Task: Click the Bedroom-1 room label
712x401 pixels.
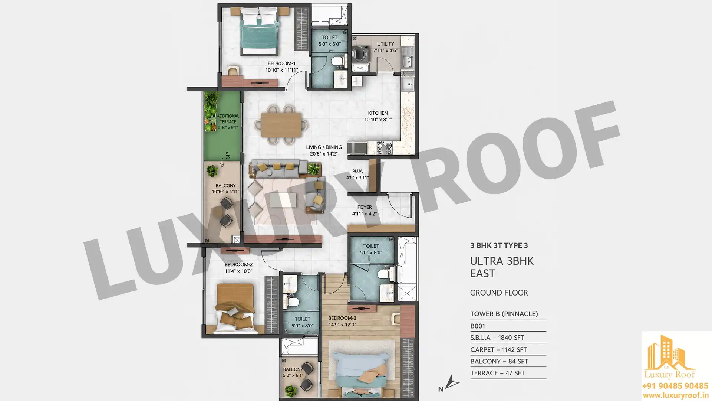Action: point(281,63)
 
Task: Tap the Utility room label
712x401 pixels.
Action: point(385,44)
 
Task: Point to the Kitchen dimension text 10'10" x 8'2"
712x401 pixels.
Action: point(378,120)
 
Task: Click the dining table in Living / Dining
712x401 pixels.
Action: point(281,125)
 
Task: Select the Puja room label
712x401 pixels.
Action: point(357,171)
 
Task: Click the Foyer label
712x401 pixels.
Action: point(365,207)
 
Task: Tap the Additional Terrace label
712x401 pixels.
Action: point(228,119)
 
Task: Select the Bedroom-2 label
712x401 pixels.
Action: point(238,265)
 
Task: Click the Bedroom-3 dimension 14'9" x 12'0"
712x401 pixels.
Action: point(342,325)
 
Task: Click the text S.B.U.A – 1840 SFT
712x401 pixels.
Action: point(497,338)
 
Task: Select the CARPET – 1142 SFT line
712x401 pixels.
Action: point(499,350)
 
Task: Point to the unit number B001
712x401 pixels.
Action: point(478,326)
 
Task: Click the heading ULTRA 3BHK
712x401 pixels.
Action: point(502,261)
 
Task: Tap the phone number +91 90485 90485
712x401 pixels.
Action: point(675,386)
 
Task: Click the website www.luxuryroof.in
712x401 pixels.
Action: point(675,395)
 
